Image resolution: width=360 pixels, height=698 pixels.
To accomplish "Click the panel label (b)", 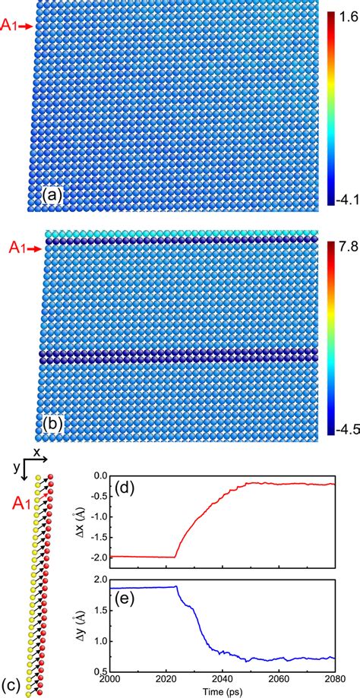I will (x=52, y=427).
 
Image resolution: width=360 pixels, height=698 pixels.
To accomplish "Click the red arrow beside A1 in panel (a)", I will (x=26, y=27).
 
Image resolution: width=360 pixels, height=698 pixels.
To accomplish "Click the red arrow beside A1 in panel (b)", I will (x=26, y=247).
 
